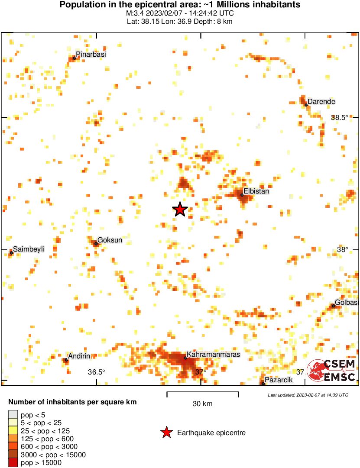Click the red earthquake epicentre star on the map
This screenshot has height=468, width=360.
point(180,210)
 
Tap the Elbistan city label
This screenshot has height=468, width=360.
point(256,191)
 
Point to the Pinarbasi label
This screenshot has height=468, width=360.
point(91,55)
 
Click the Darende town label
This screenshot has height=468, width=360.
point(321,102)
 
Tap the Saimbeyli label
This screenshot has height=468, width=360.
point(29,249)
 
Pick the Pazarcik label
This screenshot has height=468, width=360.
point(279,380)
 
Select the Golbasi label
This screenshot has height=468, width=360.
point(346,303)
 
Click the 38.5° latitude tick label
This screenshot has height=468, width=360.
point(340,117)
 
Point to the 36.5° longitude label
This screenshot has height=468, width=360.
point(97,372)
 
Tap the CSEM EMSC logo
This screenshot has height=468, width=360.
point(332,371)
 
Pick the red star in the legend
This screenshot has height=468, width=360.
point(166,432)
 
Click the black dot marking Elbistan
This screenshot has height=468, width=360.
point(242,195)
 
